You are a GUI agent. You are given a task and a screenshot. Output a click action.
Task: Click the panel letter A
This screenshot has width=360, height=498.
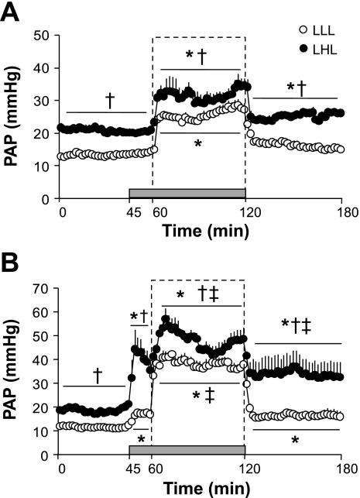(x=12, y=13)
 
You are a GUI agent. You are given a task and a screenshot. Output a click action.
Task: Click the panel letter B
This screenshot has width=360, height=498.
(x=12, y=264)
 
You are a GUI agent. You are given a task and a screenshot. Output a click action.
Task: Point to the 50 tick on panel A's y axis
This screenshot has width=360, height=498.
(x=43, y=36)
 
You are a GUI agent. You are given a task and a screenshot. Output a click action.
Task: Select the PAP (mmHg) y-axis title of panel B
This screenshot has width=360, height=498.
(x=15, y=372)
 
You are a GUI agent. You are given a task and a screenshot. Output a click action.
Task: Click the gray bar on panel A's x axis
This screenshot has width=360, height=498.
(x=187, y=193)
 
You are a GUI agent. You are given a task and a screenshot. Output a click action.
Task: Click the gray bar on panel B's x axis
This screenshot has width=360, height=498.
(x=187, y=449)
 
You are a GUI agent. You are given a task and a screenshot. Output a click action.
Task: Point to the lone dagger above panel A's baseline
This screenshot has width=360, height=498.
(x=109, y=100)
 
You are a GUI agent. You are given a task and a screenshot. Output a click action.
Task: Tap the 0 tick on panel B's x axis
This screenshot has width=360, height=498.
(x=62, y=469)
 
